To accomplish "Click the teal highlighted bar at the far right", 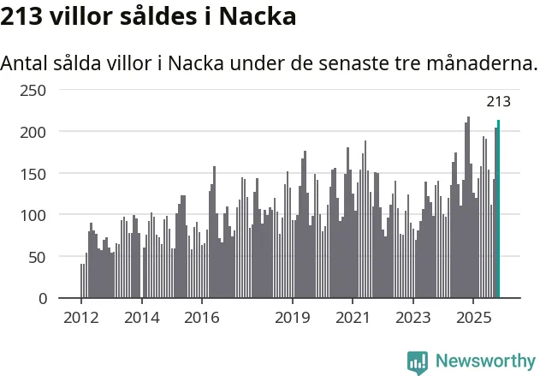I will point(499,210).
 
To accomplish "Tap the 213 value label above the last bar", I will point(498,102).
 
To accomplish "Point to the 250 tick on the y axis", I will point(33,90).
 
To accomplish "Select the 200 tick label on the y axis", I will point(33,132).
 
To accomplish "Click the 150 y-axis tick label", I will point(33,173).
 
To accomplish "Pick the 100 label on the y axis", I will point(33,215).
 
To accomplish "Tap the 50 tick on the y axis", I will point(38,257).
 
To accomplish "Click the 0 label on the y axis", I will point(42,298).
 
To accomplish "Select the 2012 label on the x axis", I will point(81,317).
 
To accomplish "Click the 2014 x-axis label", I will point(141,317).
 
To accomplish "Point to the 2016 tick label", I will point(202,317).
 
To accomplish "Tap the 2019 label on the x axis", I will point(293,317).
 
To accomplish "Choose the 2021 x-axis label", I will point(353,317).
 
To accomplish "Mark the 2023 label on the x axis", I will point(413,317).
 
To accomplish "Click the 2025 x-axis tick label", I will point(473,317).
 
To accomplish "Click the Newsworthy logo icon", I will point(418,361).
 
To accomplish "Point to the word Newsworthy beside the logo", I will point(484,361).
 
